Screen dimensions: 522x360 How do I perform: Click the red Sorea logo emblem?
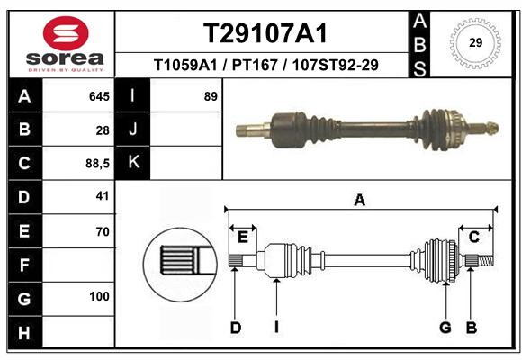(66, 33)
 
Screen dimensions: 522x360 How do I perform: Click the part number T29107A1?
(265, 33)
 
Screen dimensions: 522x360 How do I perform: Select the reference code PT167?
(255, 65)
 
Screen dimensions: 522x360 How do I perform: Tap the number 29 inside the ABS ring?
(475, 42)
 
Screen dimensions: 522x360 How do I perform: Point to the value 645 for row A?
(99, 96)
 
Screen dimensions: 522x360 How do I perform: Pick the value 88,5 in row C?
(97, 164)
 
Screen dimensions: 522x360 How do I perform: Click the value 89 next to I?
(211, 96)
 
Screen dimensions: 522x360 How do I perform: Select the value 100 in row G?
(99, 296)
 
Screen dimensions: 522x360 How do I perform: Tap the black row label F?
(25, 265)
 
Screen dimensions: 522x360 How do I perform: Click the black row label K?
(133, 163)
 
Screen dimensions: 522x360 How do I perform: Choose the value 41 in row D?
(103, 196)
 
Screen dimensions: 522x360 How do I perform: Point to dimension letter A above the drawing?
(360, 201)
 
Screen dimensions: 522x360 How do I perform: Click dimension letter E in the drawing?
(243, 238)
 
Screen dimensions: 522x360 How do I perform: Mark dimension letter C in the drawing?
(473, 237)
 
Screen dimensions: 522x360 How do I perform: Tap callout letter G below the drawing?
(445, 328)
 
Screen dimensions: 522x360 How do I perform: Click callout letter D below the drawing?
(236, 328)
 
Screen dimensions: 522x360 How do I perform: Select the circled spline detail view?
(180, 265)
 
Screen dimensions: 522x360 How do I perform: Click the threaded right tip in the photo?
(493, 128)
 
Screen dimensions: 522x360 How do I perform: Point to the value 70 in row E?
(103, 231)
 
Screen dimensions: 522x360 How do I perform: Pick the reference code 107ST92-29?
(335, 65)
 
